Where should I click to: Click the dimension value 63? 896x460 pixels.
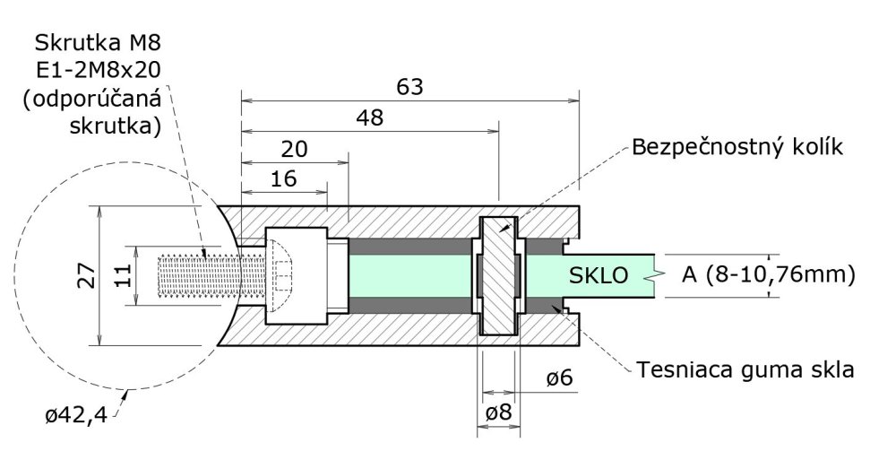click(409, 87)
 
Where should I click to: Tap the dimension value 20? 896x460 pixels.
click(294, 148)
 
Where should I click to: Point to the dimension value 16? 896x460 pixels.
click(283, 178)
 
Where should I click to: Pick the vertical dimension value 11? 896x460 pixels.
click(125, 273)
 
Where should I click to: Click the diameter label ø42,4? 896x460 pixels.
click(75, 414)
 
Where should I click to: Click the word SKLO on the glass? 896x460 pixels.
click(599, 274)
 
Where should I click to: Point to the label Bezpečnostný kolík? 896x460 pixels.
click(737, 146)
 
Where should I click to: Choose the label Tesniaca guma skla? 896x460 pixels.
click(745, 369)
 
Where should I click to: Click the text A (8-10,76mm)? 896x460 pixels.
click(768, 273)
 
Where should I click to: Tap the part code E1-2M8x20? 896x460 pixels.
click(98, 70)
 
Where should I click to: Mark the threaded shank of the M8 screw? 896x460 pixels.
click(198, 275)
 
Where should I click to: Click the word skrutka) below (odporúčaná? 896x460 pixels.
click(115, 126)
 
